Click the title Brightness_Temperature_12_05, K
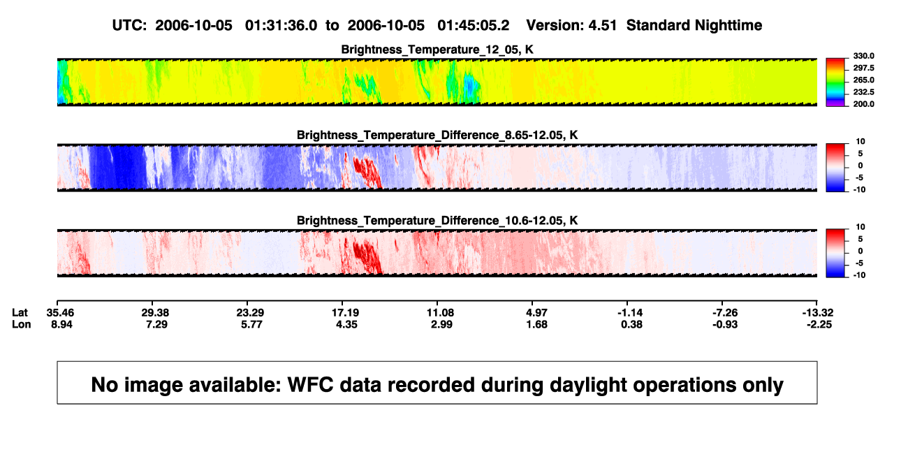pyautogui.click(x=437, y=50)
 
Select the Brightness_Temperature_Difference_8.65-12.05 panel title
pyautogui.click(x=437, y=135)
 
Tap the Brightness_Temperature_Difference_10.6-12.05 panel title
pyautogui.click(x=437, y=221)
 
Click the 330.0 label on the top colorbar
pyautogui.click(x=863, y=56)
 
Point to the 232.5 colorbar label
pyautogui.click(x=863, y=92)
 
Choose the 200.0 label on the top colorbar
pyautogui.click(x=863, y=104)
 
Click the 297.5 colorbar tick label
pyautogui.click(x=863, y=68)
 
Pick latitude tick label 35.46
pyautogui.click(x=60, y=313)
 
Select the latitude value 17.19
pyautogui.click(x=345, y=313)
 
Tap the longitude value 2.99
pyautogui.click(x=441, y=324)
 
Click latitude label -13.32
pyautogui.click(x=818, y=313)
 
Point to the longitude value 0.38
pyautogui.click(x=631, y=324)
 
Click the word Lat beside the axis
pyautogui.click(x=20, y=313)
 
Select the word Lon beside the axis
pyautogui.click(x=22, y=324)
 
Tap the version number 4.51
pyautogui.click(x=603, y=26)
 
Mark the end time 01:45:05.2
pyautogui.click(x=473, y=26)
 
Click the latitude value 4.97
pyautogui.click(x=536, y=313)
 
